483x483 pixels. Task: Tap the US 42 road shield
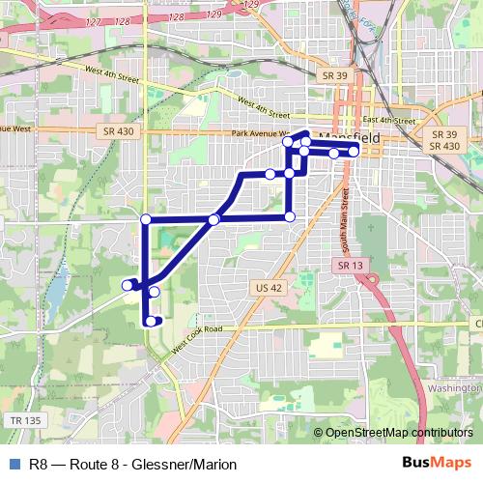(269, 287)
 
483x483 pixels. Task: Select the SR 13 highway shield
(349, 264)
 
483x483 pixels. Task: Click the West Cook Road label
(198, 338)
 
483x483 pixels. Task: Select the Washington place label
(453, 387)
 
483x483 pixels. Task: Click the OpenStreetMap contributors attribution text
(399, 433)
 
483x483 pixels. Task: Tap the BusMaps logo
(438, 464)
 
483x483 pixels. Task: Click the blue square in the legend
(13, 465)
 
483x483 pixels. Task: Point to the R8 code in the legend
(40, 465)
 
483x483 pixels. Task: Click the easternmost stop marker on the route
(354, 152)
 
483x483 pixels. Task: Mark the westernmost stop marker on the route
(127, 284)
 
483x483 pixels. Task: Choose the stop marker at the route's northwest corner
(146, 219)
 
